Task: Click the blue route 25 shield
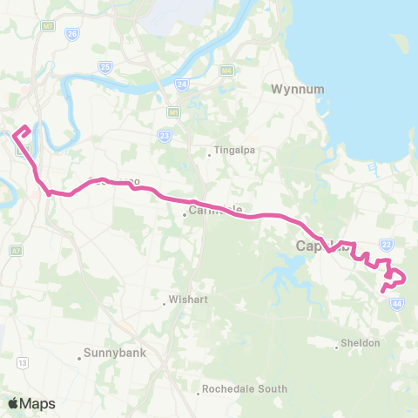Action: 105,66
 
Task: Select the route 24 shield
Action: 181,84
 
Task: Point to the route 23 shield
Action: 164,135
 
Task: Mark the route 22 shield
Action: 387,246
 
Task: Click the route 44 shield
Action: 396,303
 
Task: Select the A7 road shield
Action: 16,250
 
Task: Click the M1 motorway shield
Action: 174,111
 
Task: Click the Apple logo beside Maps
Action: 12,403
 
